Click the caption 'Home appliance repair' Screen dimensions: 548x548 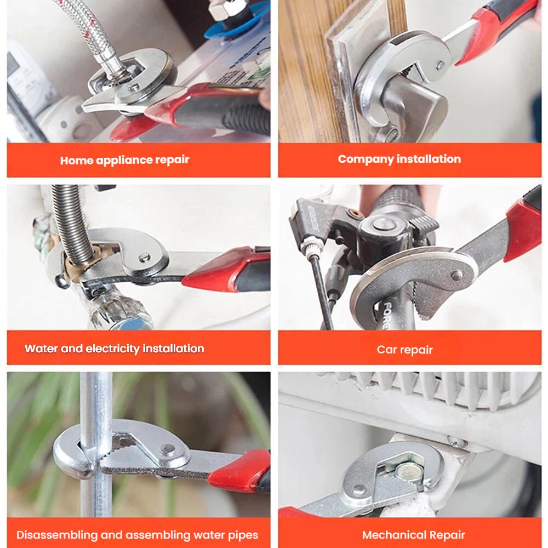pos(124,160)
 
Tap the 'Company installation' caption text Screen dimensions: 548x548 pos(399,159)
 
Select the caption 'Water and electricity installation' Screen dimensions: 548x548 pos(114,349)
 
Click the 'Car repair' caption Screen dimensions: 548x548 pos(404,350)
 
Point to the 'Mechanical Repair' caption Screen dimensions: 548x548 pos(413,535)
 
